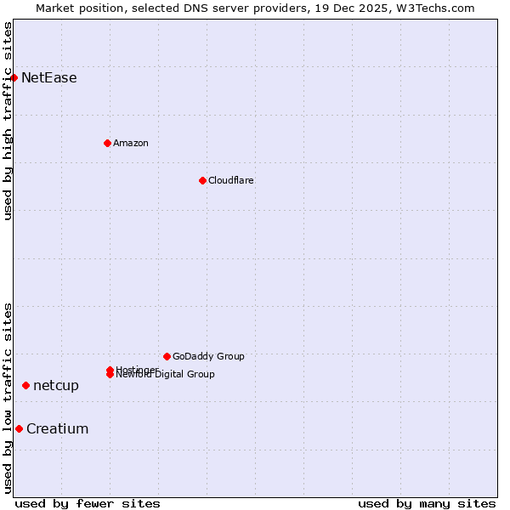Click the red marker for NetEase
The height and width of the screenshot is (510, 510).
point(14,78)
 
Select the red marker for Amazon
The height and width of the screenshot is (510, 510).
point(107,143)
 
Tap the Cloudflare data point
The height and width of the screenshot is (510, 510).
point(202,180)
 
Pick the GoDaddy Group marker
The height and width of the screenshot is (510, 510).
point(167,356)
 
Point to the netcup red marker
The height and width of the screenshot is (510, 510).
point(25,386)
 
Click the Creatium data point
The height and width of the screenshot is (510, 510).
point(19,428)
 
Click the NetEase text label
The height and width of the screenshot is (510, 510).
point(49,78)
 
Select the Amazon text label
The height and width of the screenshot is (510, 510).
point(131,143)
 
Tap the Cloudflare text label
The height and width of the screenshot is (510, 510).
point(231,180)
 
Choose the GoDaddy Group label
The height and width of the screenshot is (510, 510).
point(208,356)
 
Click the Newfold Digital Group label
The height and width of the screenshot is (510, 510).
point(166,375)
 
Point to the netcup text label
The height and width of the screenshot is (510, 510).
point(56,386)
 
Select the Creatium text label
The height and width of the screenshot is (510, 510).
point(58,428)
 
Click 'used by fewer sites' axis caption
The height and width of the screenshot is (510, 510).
point(88,503)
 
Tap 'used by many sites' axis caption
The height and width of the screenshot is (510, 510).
point(427,503)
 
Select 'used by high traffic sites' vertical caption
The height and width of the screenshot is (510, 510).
point(8,121)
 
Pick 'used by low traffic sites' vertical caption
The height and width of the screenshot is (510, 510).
point(8,398)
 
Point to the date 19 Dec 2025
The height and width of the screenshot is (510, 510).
point(358,8)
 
